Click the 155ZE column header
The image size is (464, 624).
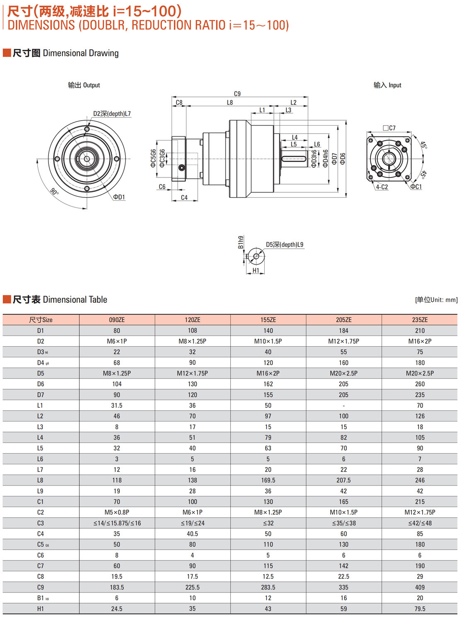point(268,320)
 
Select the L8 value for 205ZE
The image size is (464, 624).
point(343,480)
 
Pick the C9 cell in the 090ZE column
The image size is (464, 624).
point(117,587)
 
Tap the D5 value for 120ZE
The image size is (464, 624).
point(192,373)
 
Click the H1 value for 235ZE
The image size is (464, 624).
point(420,609)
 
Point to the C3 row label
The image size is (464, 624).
point(40,523)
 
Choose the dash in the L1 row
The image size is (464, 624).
point(343,405)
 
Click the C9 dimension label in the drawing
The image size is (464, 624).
point(237,94)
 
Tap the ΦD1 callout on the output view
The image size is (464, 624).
point(119,197)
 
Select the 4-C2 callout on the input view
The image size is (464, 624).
point(382,187)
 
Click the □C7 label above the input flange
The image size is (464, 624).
point(389,128)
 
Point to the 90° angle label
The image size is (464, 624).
point(54,192)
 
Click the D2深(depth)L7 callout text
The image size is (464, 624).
point(112,114)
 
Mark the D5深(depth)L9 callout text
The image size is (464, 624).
point(285,245)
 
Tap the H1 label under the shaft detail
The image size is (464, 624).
point(256,270)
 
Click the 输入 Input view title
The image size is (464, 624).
point(387,85)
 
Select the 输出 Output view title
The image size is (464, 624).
point(84,85)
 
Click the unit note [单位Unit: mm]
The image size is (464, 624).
point(436,300)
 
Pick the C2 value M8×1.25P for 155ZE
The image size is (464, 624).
point(268,512)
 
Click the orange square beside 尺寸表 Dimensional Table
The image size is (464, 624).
point(7,299)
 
